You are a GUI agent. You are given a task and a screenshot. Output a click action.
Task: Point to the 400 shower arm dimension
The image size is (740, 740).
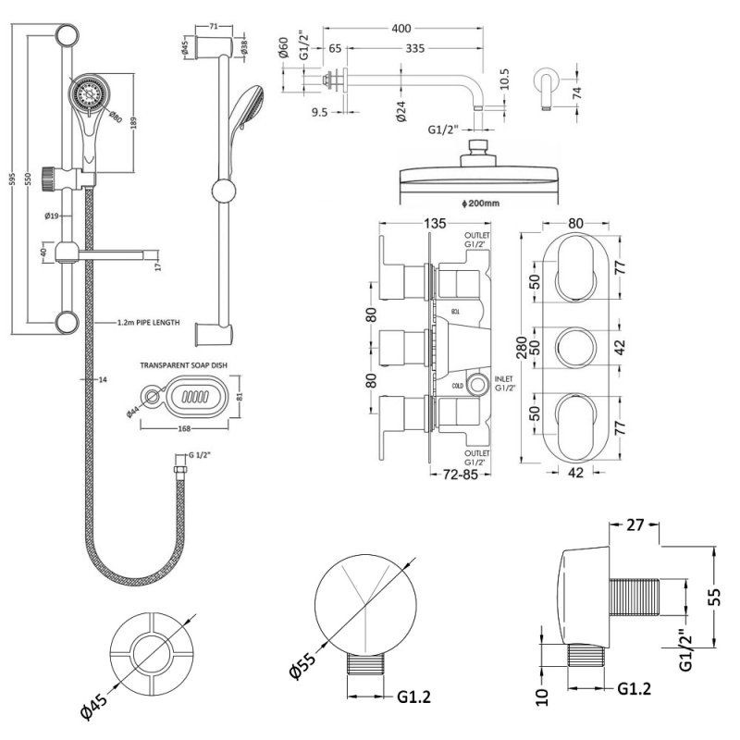(x=401, y=28)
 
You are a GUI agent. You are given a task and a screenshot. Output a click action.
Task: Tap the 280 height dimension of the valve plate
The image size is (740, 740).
(x=525, y=344)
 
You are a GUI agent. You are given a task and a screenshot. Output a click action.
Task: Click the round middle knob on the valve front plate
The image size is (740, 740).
(x=574, y=345)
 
